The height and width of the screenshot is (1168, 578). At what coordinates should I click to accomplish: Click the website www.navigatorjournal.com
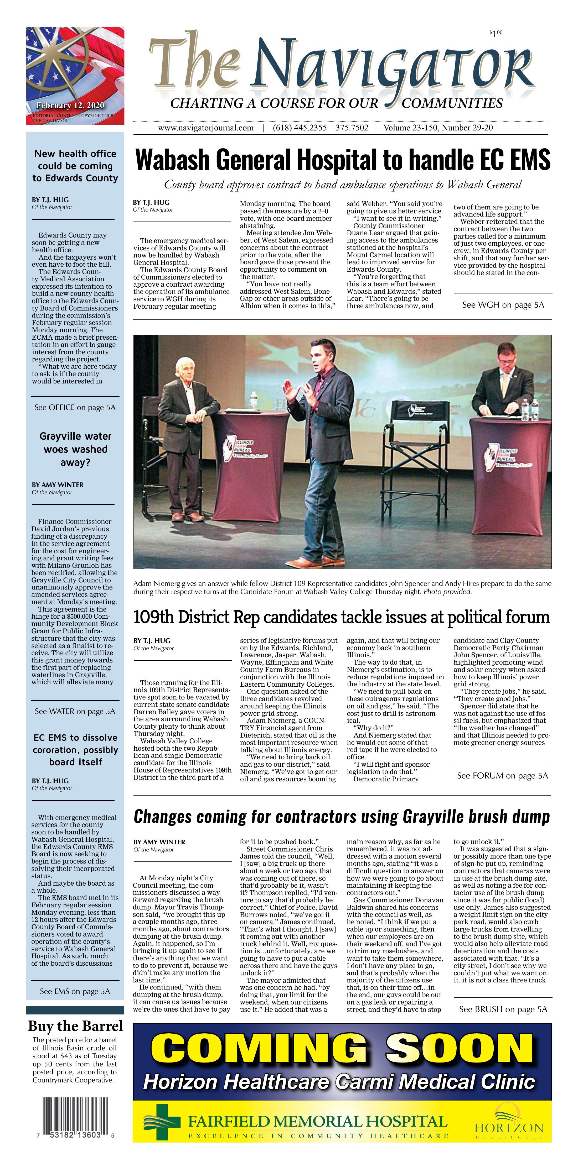tap(205, 128)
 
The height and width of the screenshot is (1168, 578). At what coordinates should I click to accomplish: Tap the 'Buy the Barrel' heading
tap(75, 1026)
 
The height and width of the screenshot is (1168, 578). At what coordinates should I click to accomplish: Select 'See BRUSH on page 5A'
tap(503, 1009)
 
